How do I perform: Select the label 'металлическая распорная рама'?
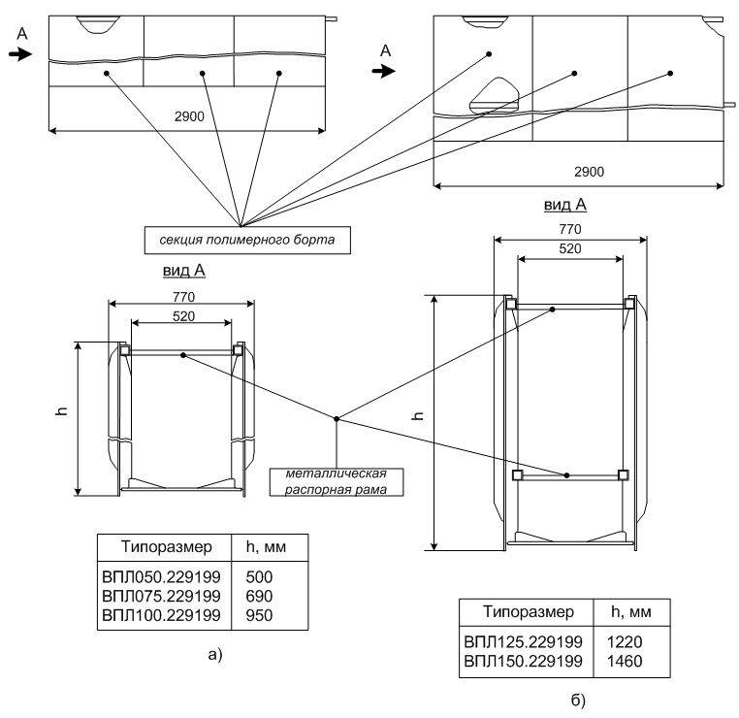click(337, 481)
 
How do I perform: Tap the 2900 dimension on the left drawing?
click(190, 116)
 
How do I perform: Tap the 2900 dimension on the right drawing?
click(589, 172)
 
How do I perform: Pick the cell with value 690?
click(259, 596)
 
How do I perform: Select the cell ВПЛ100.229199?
click(162, 614)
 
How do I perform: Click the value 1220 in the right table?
click(625, 642)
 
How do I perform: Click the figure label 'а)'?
click(215, 654)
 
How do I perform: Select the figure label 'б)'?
click(578, 699)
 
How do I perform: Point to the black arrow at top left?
click(19, 55)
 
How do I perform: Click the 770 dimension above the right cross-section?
click(568, 230)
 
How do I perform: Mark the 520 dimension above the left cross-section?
click(180, 316)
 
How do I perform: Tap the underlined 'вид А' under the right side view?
click(565, 206)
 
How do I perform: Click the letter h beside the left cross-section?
click(60, 413)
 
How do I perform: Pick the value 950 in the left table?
click(259, 614)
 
